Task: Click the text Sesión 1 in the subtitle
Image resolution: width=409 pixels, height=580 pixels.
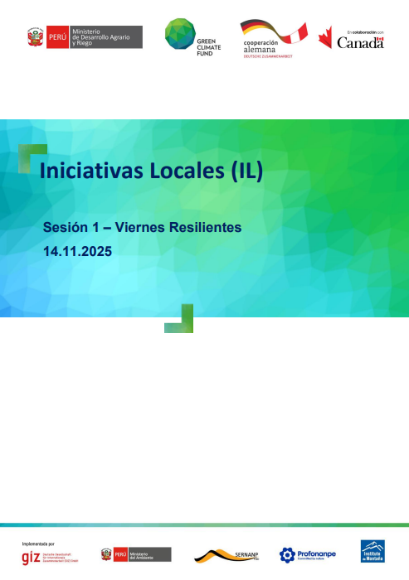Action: [x=73, y=227]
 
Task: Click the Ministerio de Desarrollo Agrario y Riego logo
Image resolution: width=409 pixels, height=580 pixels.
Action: [x=84, y=37]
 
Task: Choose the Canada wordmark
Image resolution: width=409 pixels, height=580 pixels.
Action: [x=360, y=41]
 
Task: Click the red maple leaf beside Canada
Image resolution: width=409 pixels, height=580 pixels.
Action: [x=325, y=37]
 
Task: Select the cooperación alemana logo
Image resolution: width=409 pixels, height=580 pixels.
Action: [x=273, y=38]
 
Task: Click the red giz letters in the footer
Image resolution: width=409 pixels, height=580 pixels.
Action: [x=31, y=556]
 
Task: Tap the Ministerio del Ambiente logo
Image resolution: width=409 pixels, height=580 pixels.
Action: [x=136, y=554]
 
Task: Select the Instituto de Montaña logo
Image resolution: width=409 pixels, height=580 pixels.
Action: [x=372, y=551]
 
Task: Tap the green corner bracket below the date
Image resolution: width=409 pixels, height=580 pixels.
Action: [x=183, y=320]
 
